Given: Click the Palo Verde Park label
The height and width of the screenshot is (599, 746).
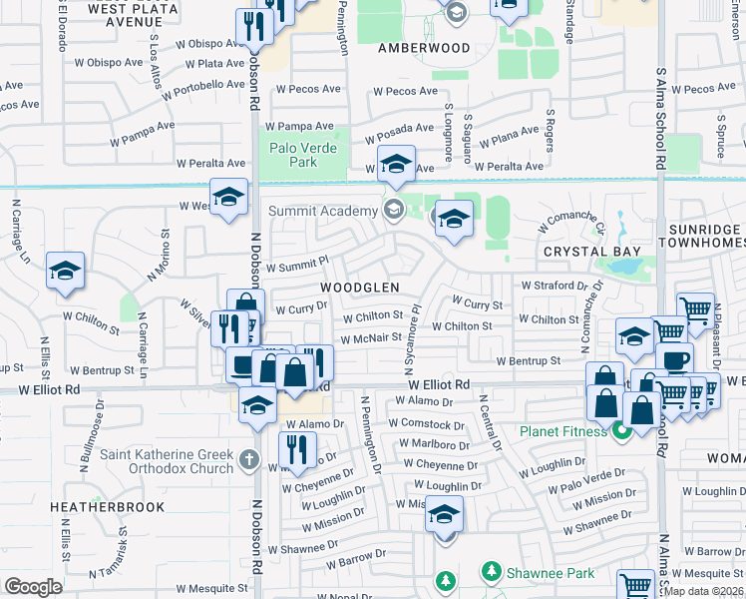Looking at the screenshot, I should [x=304, y=157].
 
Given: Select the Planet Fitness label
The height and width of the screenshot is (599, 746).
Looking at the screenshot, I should [x=562, y=431].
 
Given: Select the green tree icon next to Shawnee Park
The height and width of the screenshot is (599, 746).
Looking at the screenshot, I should [x=490, y=572].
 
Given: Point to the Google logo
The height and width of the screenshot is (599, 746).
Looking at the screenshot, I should [x=33, y=587].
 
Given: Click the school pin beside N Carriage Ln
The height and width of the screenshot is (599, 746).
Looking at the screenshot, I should [x=65, y=272].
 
